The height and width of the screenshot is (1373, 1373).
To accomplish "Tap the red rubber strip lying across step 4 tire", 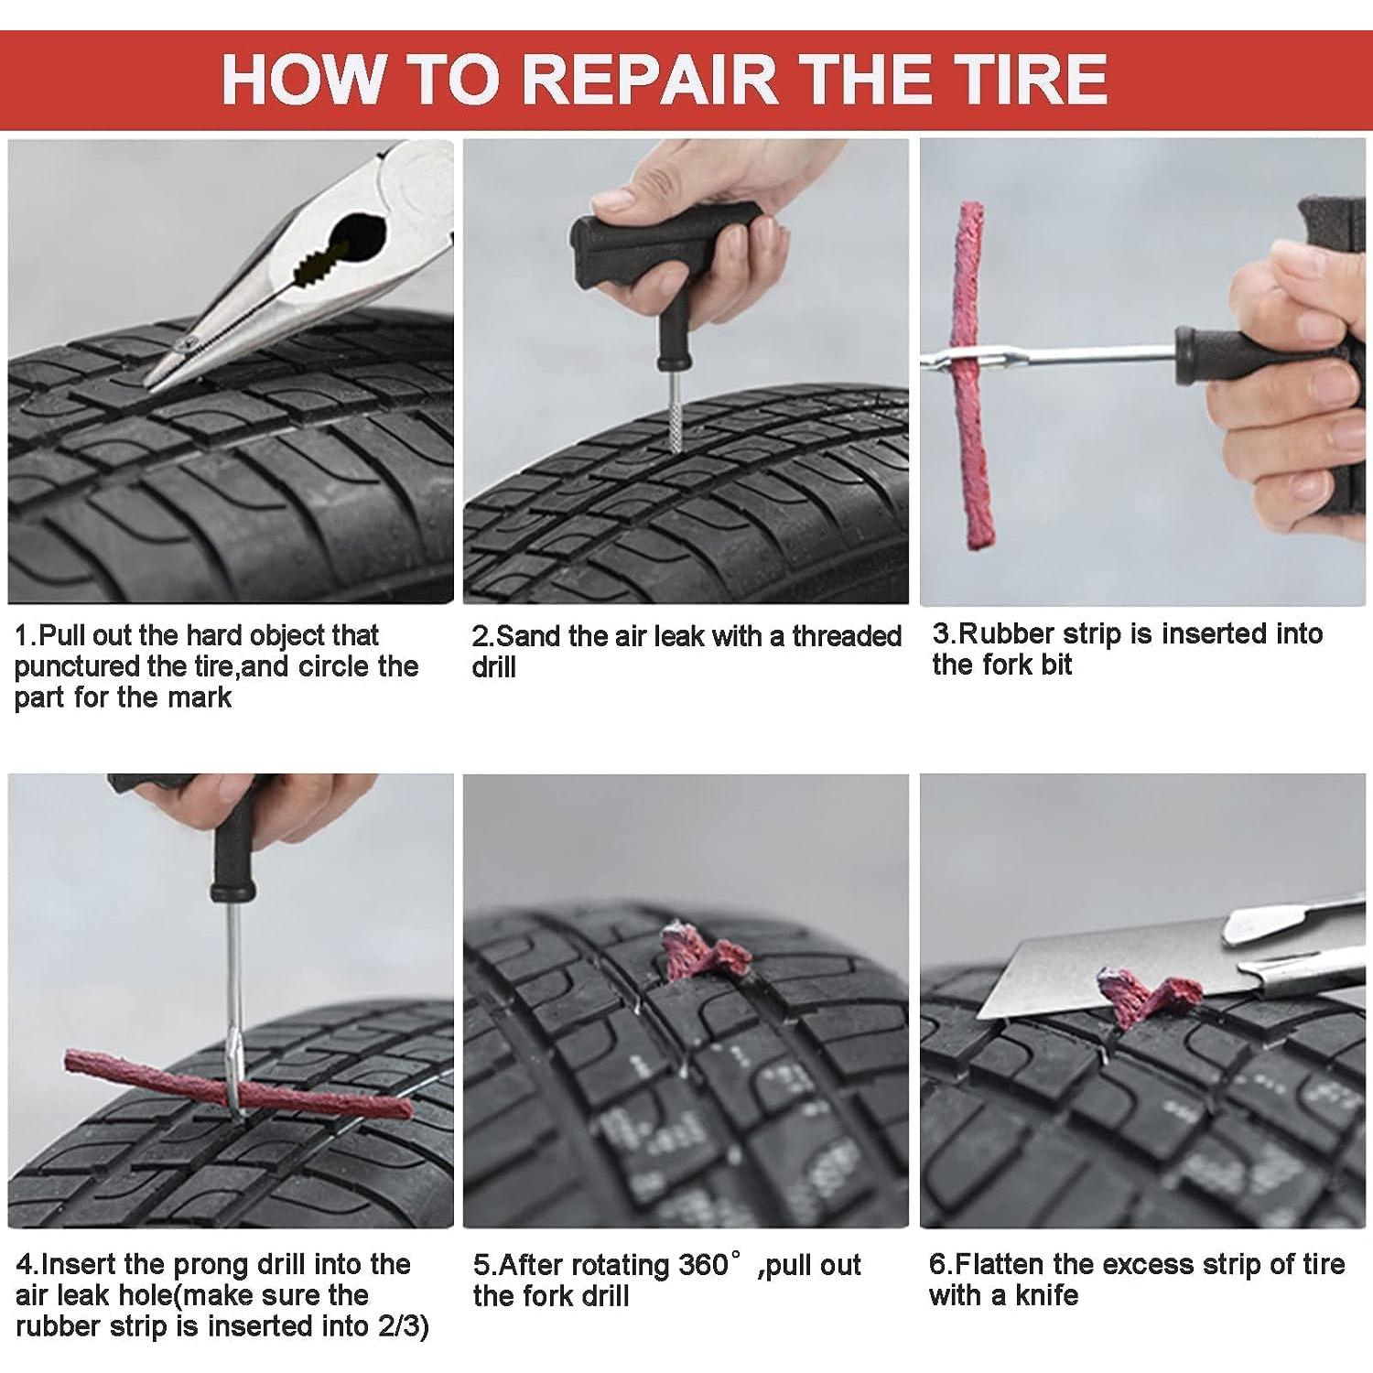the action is point(238,1086).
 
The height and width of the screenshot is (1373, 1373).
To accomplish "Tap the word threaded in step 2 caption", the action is point(848,635).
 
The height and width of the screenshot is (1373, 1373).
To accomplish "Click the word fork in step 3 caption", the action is point(1000,665).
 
